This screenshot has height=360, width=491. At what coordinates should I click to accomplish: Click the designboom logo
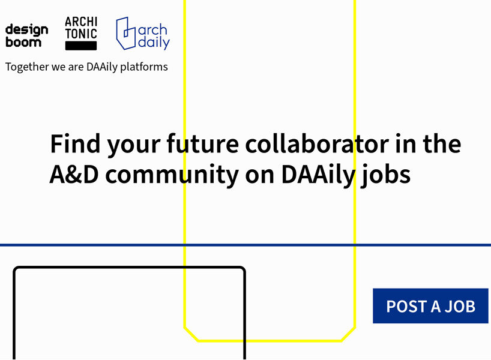pyautogui.click(x=26, y=35)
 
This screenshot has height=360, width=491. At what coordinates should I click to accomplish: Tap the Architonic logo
pyautogui.click(x=81, y=33)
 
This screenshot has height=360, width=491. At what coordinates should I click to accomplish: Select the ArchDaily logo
pyautogui.click(x=143, y=34)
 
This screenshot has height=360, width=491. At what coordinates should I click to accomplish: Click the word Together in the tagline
pyautogui.click(x=27, y=67)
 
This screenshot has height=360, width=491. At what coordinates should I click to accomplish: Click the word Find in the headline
pyautogui.click(x=75, y=143)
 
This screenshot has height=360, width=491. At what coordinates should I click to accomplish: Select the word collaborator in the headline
pyautogui.click(x=317, y=143)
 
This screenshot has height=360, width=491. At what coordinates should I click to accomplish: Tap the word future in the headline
pyautogui.click(x=203, y=143)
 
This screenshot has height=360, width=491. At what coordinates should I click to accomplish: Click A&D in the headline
pyautogui.click(x=74, y=175)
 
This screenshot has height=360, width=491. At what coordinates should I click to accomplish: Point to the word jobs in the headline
pyautogui.click(x=385, y=175)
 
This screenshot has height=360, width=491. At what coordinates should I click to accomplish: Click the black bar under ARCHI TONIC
pyautogui.click(x=81, y=46)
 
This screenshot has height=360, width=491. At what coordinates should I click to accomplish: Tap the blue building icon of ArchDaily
pyautogui.click(x=126, y=33)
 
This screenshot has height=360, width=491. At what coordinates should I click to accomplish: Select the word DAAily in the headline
pyautogui.click(x=319, y=175)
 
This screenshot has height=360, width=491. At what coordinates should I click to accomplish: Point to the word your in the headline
pyautogui.click(x=134, y=146)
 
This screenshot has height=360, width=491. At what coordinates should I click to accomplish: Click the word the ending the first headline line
pyautogui.click(x=442, y=143)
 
